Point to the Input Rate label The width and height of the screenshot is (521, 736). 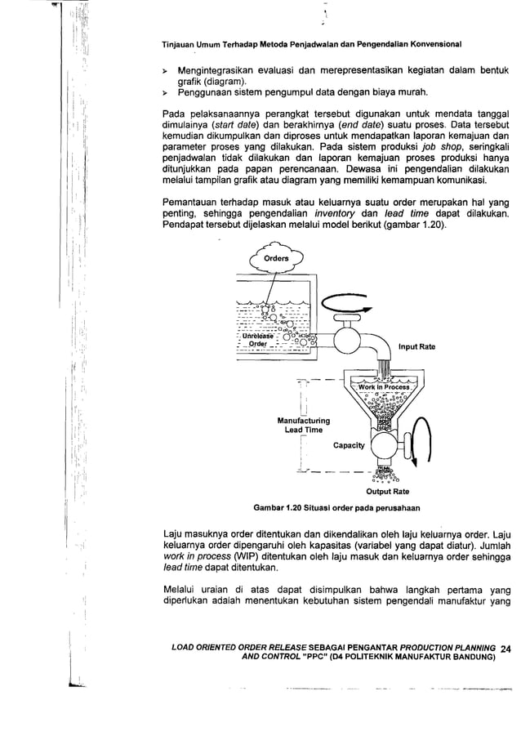[416, 347]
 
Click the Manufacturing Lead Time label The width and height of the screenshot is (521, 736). [303, 425]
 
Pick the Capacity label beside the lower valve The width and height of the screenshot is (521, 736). [349, 446]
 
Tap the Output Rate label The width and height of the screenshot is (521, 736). [387, 492]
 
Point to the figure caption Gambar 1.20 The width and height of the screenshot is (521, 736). [337, 507]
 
